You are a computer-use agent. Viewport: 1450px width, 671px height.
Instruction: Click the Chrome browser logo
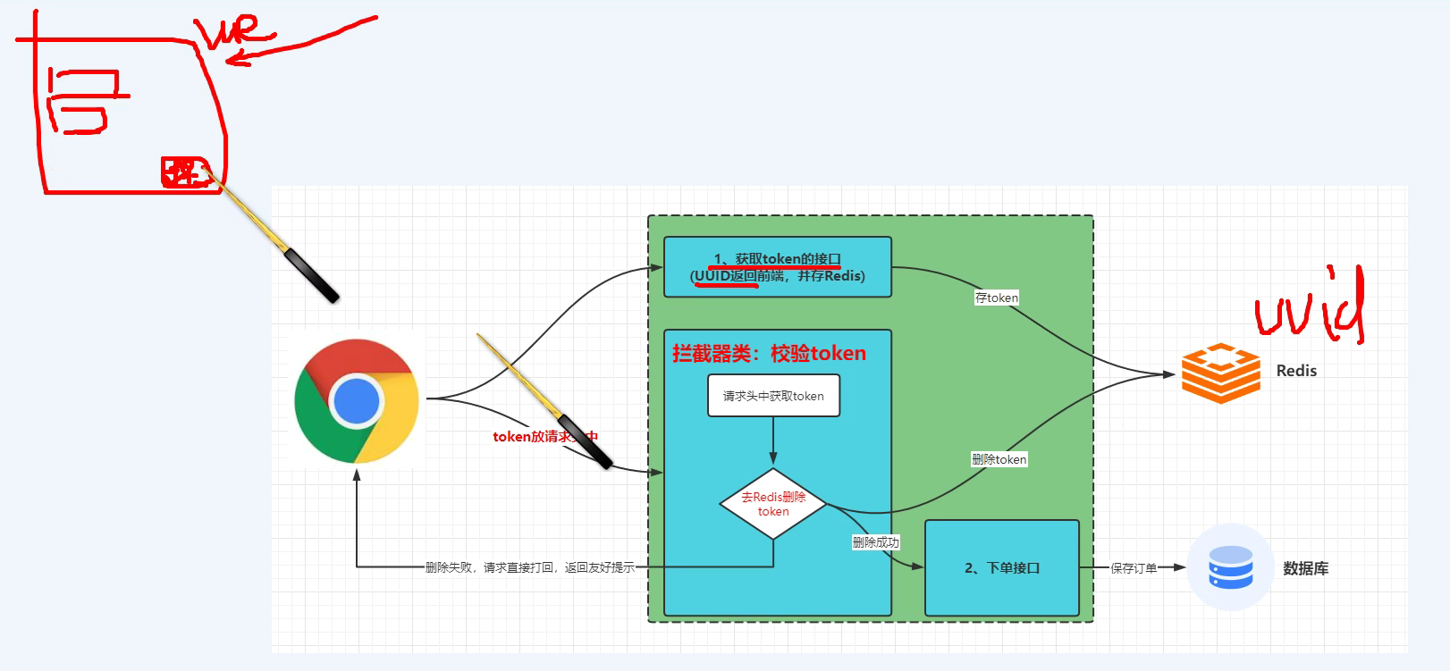pyautogui.click(x=357, y=401)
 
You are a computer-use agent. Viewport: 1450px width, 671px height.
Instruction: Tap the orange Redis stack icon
pyautogui.click(x=1220, y=373)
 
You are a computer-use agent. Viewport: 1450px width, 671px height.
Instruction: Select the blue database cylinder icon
pyautogui.click(x=1230, y=567)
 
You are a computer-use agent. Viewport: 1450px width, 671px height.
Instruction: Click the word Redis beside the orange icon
pyautogui.click(x=1296, y=371)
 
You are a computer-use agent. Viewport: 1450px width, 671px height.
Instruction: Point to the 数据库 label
pyautogui.click(x=1305, y=568)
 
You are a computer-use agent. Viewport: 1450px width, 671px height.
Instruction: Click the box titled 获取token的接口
pyautogui.click(x=777, y=267)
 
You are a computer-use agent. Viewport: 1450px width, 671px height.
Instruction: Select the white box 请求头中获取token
pyautogui.click(x=773, y=396)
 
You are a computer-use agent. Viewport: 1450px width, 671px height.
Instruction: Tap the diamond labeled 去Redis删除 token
pyautogui.click(x=773, y=504)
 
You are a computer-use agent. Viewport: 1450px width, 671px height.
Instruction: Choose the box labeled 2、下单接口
pyautogui.click(x=1001, y=568)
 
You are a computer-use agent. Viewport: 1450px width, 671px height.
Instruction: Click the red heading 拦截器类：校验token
pyautogui.click(x=769, y=354)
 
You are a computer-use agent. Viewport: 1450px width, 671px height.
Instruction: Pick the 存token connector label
pyautogui.click(x=996, y=298)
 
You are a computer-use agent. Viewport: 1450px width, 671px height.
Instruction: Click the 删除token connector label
pyautogui.click(x=999, y=459)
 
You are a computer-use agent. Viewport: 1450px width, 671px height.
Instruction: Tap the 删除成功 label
pyautogui.click(x=875, y=542)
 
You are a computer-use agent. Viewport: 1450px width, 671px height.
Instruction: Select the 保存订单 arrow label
pyautogui.click(x=1134, y=568)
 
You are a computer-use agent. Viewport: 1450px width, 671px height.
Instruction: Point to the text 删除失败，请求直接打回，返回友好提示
pyautogui.click(x=529, y=567)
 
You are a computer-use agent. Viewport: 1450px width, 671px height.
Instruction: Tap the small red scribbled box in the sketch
pyautogui.click(x=183, y=172)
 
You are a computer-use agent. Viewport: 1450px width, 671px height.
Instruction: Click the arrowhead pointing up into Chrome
pyautogui.click(x=357, y=475)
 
